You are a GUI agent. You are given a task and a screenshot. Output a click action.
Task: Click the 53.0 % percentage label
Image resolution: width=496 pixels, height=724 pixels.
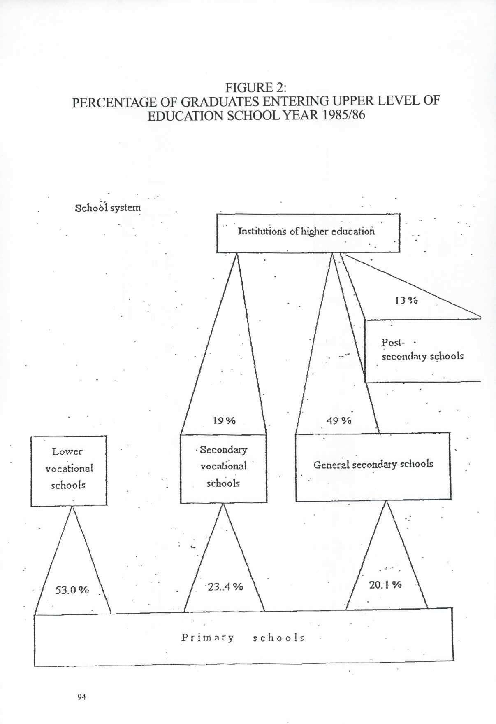(72, 590)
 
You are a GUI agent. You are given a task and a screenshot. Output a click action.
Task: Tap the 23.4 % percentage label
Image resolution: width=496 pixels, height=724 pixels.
(225, 586)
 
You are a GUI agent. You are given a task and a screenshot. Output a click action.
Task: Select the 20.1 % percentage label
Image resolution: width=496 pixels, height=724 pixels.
(385, 584)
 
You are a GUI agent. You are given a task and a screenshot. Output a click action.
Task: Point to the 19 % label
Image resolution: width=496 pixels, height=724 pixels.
(224, 420)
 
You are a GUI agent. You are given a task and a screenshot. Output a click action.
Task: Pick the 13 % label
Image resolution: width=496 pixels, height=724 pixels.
(406, 300)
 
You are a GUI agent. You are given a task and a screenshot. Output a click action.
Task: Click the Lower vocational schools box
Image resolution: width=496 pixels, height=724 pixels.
(69, 471)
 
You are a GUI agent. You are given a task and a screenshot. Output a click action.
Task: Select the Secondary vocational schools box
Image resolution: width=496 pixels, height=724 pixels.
(223, 468)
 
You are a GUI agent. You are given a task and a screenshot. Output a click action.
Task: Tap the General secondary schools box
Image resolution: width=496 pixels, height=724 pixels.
(373, 467)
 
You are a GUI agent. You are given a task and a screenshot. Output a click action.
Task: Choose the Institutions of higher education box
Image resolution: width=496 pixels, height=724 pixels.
(308, 233)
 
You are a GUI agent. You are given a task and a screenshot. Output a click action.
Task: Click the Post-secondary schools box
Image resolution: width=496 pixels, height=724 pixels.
(422, 351)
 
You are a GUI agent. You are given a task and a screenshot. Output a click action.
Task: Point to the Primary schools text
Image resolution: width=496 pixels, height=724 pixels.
(243, 638)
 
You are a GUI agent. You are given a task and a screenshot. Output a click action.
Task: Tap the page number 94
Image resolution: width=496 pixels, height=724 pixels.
(81, 697)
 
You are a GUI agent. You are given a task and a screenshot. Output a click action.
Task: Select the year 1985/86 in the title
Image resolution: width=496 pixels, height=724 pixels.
(344, 115)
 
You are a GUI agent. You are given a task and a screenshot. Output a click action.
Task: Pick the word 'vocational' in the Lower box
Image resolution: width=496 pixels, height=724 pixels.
(69, 468)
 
